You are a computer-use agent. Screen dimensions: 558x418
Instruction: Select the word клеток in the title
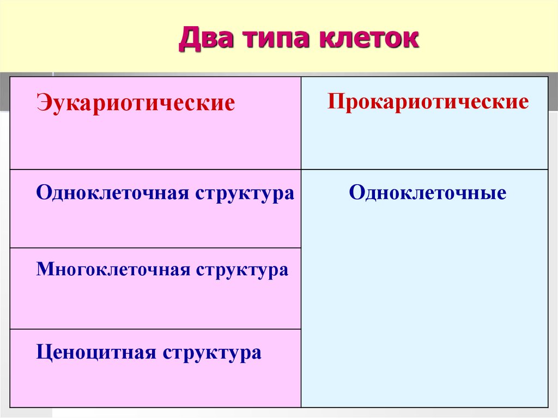tap(369, 38)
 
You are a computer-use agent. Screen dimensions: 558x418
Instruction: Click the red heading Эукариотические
tap(136, 103)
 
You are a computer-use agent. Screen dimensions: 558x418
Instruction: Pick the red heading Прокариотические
tap(428, 101)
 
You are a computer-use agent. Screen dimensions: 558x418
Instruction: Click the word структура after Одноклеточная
tap(245, 195)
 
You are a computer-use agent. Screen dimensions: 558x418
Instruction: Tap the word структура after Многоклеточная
tap(242, 271)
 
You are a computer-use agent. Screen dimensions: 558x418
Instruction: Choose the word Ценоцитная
tap(96, 353)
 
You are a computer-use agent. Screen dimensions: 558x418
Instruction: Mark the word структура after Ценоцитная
tap(212, 353)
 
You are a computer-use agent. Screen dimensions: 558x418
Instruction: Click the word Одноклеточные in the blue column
tap(427, 192)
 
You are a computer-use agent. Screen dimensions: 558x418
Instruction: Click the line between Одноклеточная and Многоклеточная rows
tap(155, 248)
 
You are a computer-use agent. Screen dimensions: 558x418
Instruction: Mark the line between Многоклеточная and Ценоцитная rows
tap(155, 329)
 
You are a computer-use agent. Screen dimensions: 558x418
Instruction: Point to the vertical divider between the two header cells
tap(301, 123)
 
